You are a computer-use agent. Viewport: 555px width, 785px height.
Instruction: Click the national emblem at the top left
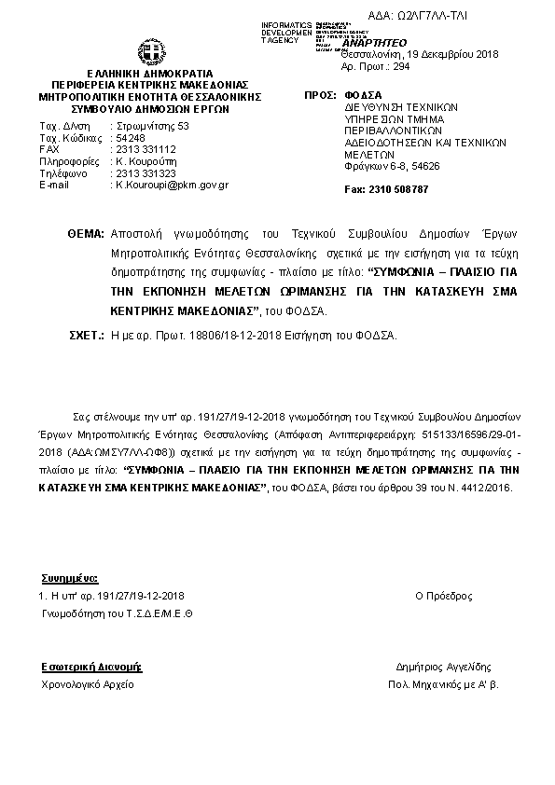[150, 51]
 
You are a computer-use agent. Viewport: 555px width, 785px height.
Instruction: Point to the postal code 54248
[127, 137]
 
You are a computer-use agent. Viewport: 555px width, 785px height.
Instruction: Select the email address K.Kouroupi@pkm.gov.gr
[172, 186]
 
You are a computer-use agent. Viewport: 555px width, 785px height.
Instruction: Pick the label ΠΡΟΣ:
[320, 96]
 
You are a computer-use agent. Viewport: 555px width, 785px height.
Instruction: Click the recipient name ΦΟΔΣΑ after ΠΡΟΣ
[362, 96]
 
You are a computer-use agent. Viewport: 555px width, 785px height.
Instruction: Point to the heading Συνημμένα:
[63, 579]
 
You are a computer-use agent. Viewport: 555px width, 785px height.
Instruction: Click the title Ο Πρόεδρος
[443, 596]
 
